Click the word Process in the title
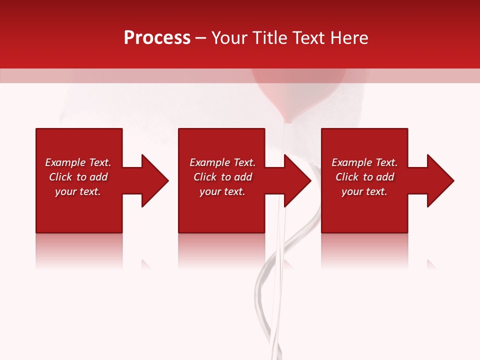(157, 38)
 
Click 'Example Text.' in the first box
(78, 162)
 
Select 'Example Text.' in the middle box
(222, 162)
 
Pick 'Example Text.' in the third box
(364, 162)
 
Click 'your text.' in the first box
(78, 191)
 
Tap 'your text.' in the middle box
(222, 191)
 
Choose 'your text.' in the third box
(364, 191)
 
